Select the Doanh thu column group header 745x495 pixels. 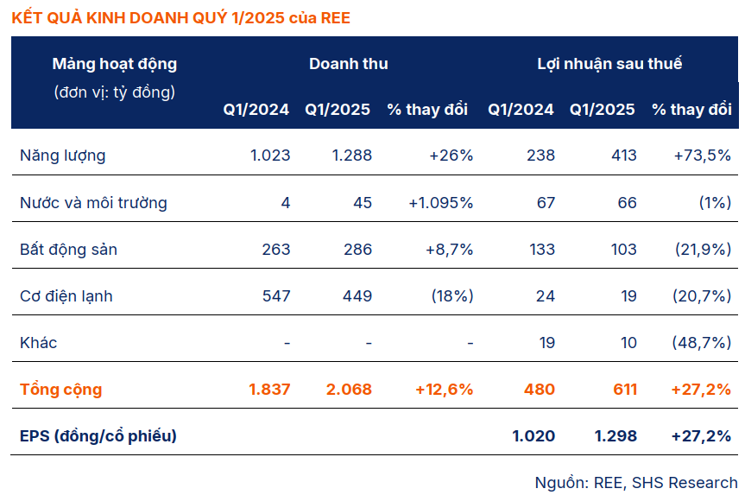pyautogui.click(x=348, y=64)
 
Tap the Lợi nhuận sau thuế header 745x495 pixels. pyautogui.click(x=609, y=64)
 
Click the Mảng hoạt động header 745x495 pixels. pyautogui.click(x=114, y=64)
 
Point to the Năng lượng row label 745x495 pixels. pyautogui.click(x=62, y=155)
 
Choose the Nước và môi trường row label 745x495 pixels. pyautogui.click(x=93, y=203)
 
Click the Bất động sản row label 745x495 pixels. pyautogui.click(x=68, y=250)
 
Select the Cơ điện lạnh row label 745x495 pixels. pyautogui.click(x=66, y=296)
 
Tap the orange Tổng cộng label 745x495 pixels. pyautogui.click(x=60, y=390)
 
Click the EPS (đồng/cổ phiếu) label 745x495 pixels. pyautogui.click(x=98, y=436)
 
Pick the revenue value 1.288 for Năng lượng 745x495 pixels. pyautogui.click(x=352, y=155)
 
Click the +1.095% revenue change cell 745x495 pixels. pyautogui.click(x=440, y=203)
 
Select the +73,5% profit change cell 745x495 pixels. pyautogui.click(x=703, y=155)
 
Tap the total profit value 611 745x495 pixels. pyautogui.click(x=621, y=390)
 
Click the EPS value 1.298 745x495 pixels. pyautogui.click(x=616, y=436)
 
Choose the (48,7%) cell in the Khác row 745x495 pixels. pyautogui.click(x=701, y=343)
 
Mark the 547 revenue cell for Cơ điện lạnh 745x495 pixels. pyautogui.click(x=276, y=296)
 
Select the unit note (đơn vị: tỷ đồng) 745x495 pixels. pyautogui.click(x=114, y=92)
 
